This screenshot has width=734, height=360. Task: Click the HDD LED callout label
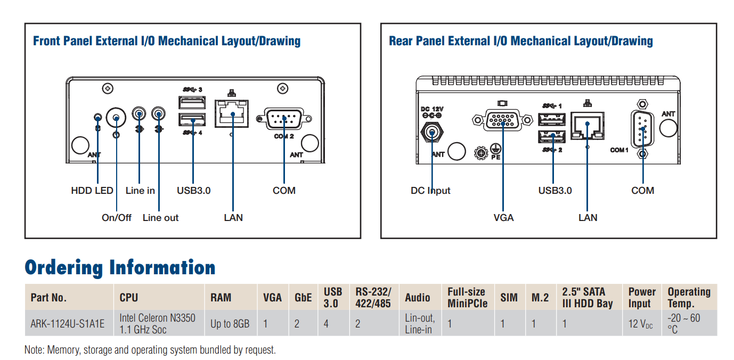(92, 190)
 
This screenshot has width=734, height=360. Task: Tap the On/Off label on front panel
(117, 217)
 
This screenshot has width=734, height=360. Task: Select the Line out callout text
(160, 217)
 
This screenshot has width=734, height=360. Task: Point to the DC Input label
(430, 190)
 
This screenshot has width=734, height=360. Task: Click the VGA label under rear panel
(503, 217)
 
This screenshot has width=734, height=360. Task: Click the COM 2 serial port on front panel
(283, 118)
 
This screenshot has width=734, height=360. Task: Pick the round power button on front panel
(116, 117)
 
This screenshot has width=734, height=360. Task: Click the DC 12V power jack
(433, 132)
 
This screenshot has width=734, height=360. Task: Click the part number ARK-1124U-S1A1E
(68, 323)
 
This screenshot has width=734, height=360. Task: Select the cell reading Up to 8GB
(230, 323)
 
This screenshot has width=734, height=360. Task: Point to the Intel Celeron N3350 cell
(157, 323)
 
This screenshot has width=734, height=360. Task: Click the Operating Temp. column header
(689, 297)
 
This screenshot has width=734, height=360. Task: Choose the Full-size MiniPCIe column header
(467, 297)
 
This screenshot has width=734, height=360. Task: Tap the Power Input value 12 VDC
(640, 323)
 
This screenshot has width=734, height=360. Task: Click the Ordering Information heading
(120, 267)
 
